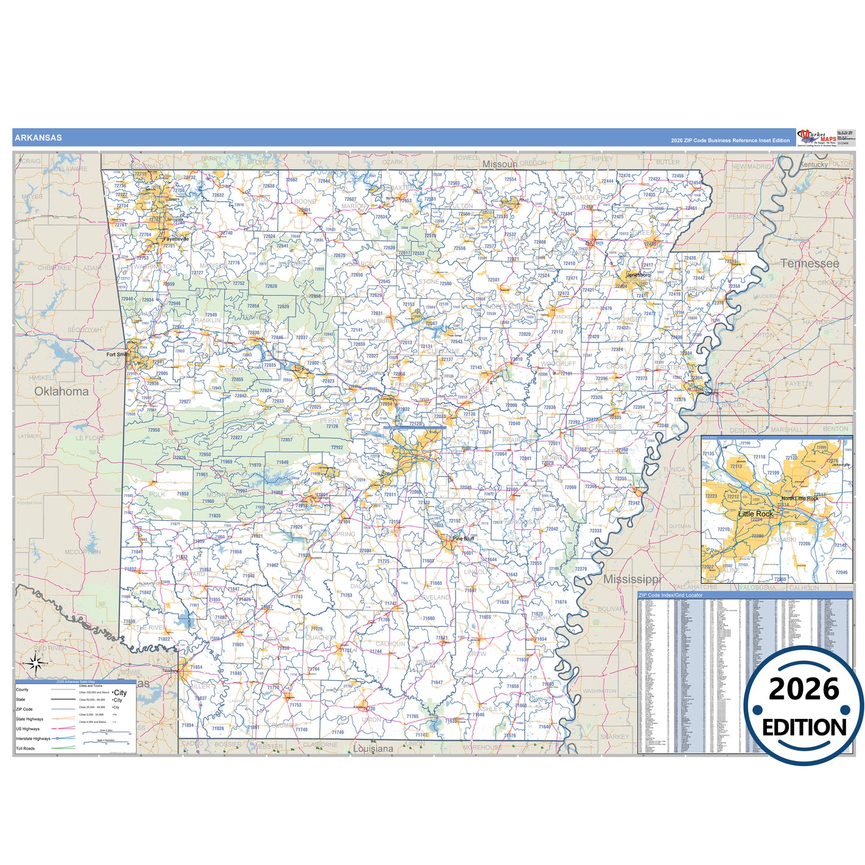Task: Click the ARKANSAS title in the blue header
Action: click(x=38, y=138)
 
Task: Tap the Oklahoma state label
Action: click(x=61, y=391)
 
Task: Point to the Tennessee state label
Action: click(x=809, y=263)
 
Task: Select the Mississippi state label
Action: click(x=632, y=579)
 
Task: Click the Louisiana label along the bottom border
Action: click(x=373, y=749)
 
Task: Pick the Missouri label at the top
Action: click(x=500, y=164)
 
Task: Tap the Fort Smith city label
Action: click(x=117, y=354)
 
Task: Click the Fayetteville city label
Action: click(x=176, y=239)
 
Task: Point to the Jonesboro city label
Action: click(x=638, y=275)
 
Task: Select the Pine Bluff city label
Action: click(x=463, y=539)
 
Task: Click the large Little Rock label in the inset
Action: click(x=755, y=514)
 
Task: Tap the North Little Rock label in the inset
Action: click(x=799, y=499)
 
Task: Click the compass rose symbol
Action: click(x=35, y=663)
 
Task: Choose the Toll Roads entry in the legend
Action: click(x=25, y=748)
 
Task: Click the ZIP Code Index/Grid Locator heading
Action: click(x=670, y=595)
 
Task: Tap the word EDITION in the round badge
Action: click(x=804, y=727)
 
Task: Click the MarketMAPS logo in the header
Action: click(x=817, y=137)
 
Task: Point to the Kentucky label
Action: click(x=814, y=165)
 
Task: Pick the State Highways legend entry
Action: click(x=29, y=719)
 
